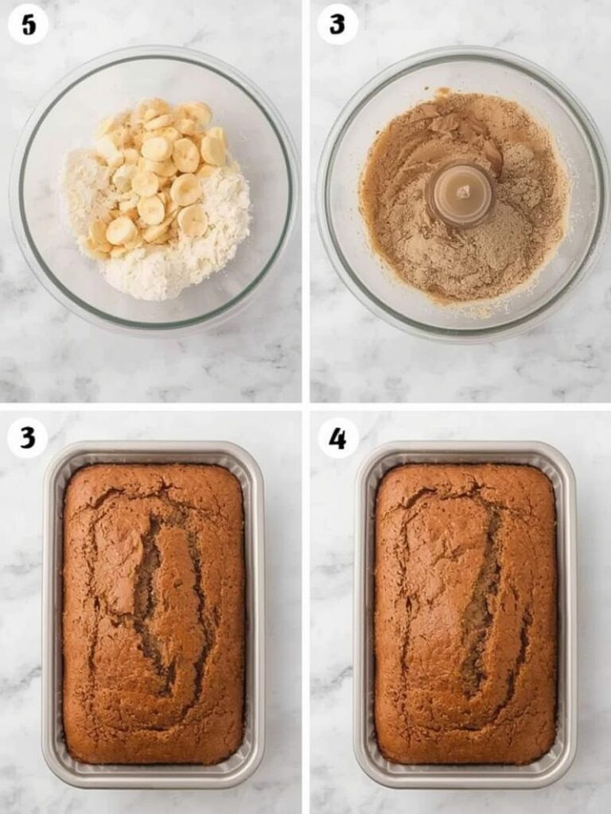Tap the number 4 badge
pos(338,438)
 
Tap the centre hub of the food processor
pos(461,193)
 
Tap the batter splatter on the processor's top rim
pos(442,92)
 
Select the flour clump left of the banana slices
pos(84,191)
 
